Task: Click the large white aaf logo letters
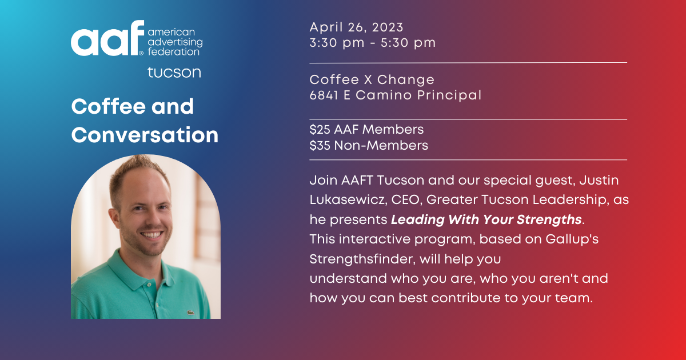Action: click(107, 39)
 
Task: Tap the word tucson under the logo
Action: click(174, 73)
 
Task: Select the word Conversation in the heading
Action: click(145, 135)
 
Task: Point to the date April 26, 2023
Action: click(356, 27)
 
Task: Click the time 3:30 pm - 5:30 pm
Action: click(372, 42)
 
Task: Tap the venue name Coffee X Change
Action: click(372, 79)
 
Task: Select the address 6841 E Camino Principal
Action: click(395, 95)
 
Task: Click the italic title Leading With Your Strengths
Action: click(486, 219)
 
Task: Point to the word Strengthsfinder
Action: click(362, 259)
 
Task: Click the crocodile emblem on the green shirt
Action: click(189, 313)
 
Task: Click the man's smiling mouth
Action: click(151, 235)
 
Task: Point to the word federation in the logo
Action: click(174, 51)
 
